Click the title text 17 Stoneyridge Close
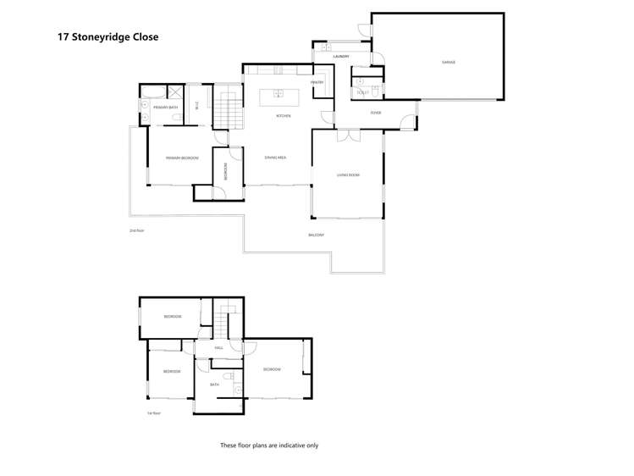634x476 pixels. coord(108,37)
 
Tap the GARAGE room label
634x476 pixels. coord(448,62)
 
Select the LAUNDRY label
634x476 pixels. coord(341,57)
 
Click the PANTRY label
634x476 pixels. coord(317,82)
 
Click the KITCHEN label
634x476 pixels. coord(283,116)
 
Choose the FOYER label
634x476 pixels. coord(375,113)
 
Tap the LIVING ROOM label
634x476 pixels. coord(348,175)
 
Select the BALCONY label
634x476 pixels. coord(316,235)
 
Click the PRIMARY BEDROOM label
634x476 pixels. coord(182,158)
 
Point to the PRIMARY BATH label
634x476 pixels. coord(165,108)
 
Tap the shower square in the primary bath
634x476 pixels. coord(176,93)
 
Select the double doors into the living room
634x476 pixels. coord(348,135)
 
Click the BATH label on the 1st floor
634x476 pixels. coord(215,385)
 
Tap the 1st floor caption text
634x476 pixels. coord(154,413)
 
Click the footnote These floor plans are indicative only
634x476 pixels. coord(269,445)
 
